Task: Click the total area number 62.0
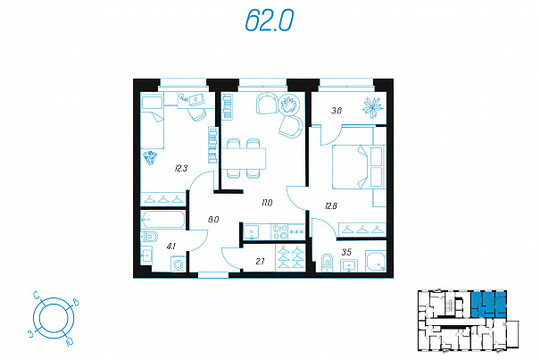(x=270, y=21)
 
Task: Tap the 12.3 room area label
(x=181, y=169)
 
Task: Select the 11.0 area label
(x=267, y=203)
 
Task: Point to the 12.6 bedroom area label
(x=331, y=206)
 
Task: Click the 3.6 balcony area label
(x=336, y=111)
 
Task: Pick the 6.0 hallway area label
(x=213, y=220)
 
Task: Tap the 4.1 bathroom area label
(x=171, y=247)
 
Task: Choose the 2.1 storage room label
(x=260, y=262)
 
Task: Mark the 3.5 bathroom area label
(x=346, y=252)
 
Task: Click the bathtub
(x=163, y=220)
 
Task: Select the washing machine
(x=179, y=264)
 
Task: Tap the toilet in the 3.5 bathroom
(x=326, y=263)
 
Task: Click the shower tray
(x=376, y=262)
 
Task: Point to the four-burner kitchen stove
(x=279, y=231)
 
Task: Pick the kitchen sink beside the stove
(x=253, y=231)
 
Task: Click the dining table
(x=244, y=158)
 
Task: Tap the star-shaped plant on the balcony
(x=372, y=108)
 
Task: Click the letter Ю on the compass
(x=69, y=341)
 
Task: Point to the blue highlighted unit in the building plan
(x=489, y=304)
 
